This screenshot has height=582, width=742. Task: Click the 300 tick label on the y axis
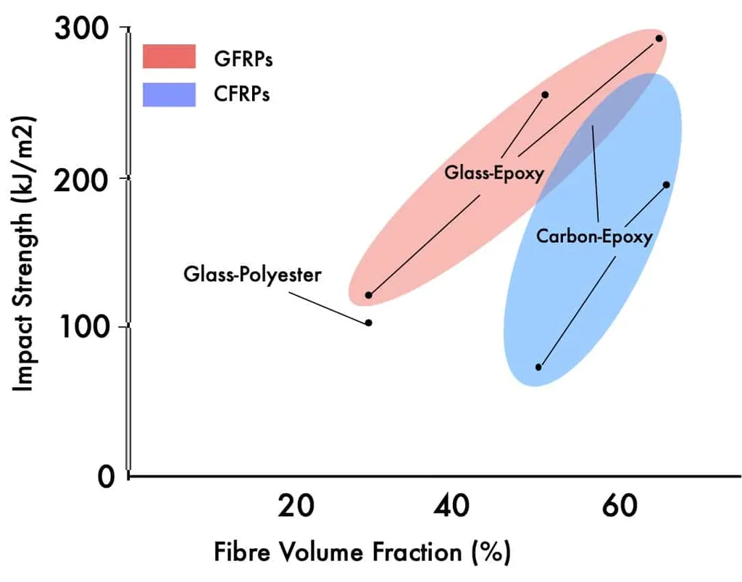point(82,30)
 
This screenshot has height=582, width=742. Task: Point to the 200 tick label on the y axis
point(82,178)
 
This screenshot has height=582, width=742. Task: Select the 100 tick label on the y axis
point(82,327)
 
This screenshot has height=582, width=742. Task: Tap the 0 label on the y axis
point(107,475)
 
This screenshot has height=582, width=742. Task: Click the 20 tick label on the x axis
point(296,507)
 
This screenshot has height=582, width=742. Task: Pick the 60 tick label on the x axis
point(617,507)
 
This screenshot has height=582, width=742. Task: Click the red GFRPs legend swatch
point(170,57)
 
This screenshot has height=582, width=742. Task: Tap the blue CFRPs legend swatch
point(170,94)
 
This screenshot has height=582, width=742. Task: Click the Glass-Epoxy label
point(494,172)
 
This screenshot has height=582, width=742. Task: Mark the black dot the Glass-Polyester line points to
point(369,323)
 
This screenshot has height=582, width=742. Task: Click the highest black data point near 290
point(659,38)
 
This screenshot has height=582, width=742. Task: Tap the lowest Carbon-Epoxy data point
point(538,367)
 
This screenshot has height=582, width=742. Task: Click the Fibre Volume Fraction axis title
point(362,552)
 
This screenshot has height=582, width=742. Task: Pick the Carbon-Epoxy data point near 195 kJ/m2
point(666,185)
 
